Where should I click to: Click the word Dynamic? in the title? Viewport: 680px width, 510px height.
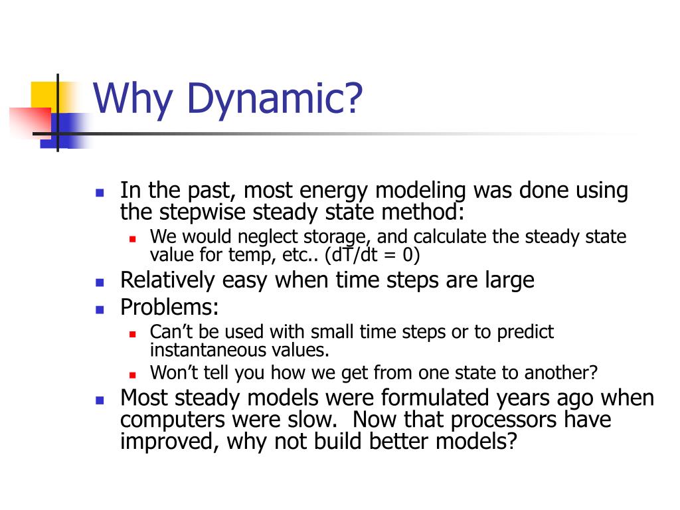click(274, 100)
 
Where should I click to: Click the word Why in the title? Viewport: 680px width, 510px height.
click(133, 100)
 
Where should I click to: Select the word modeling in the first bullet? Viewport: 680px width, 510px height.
click(420, 191)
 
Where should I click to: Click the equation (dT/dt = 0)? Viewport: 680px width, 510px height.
click(372, 254)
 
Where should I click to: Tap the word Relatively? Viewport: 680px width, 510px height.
click(167, 280)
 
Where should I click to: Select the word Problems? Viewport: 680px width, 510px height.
click(169, 307)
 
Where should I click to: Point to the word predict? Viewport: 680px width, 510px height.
click(525, 332)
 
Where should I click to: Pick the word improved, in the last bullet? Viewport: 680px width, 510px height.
click(169, 442)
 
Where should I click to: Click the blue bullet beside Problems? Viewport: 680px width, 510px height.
click(100, 309)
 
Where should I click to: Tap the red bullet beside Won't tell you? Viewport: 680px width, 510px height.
click(133, 375)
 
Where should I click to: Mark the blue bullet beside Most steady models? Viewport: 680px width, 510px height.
click(100, 400)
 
